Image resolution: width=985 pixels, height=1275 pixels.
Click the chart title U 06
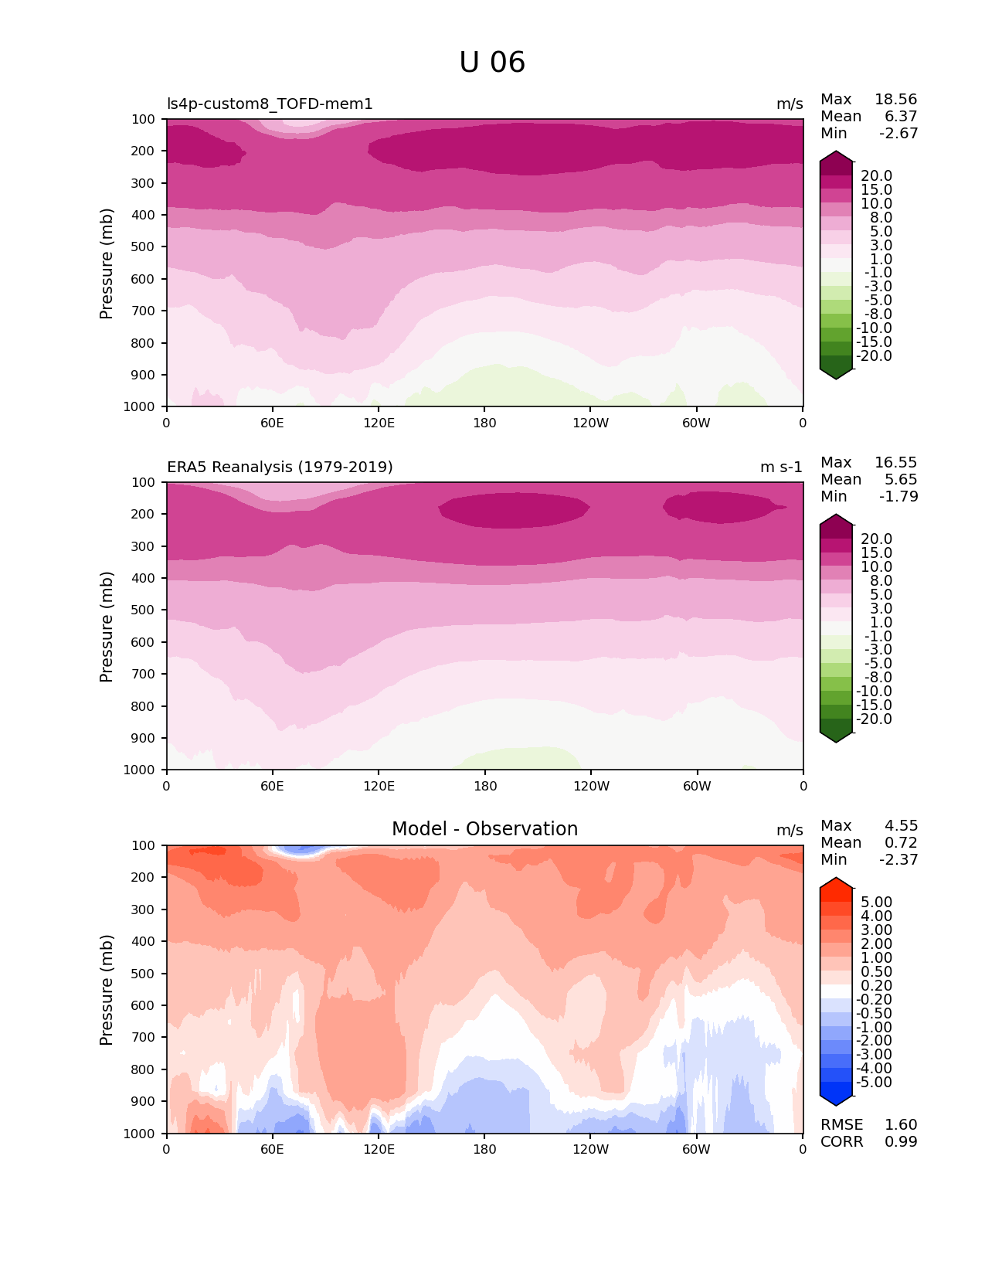pos(492,63)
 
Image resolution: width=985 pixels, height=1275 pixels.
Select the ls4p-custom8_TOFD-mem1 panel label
pos(270,104)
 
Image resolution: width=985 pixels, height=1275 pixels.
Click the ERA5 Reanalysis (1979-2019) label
pos(280,467)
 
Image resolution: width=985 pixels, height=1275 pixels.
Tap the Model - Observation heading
pos(484,829)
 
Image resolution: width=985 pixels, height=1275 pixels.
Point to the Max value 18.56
pos(895,100)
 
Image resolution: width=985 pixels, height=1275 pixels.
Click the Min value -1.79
pos(898,497)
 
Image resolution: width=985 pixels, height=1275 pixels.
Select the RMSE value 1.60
pos(901,1125)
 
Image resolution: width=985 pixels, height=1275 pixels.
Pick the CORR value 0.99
pos(901,1142)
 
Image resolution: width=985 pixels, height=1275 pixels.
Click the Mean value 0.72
pos(901,843)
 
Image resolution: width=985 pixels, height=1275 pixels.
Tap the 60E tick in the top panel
pos(272,423)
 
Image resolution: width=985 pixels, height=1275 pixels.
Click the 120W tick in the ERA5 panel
pos(591,786)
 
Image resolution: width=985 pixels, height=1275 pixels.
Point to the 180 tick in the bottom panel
pos(484,1149)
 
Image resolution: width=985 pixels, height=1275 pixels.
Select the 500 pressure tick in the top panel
pos(142,247)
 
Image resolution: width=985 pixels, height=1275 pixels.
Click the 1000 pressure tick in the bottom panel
pos(139,1134)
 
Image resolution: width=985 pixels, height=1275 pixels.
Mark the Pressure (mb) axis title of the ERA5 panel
pos(107,627)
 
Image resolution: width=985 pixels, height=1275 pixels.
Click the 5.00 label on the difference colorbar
pos(876,903)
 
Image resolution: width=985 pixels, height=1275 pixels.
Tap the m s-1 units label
pos(781,467)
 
